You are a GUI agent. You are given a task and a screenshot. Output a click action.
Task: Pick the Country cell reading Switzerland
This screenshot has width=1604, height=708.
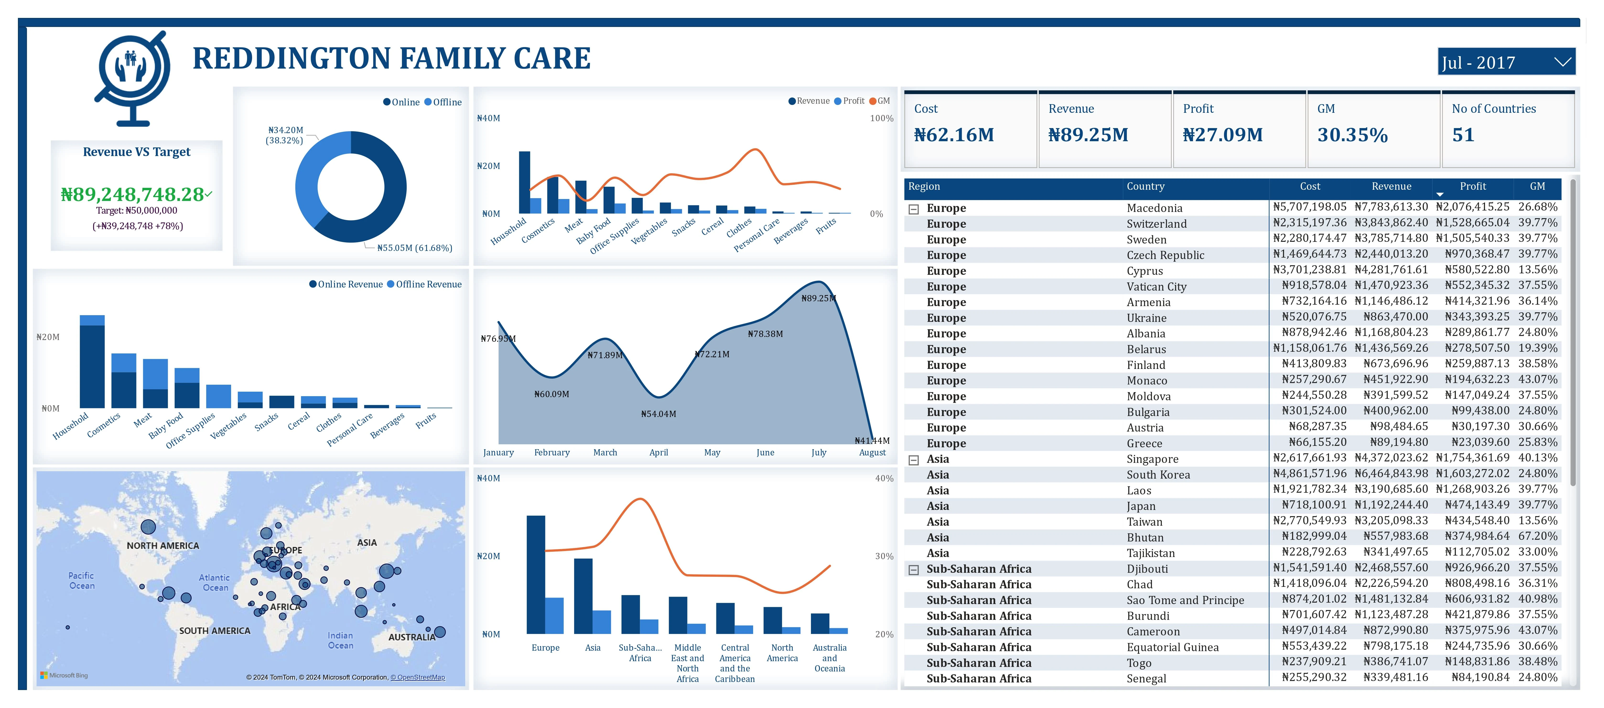point(1156,224)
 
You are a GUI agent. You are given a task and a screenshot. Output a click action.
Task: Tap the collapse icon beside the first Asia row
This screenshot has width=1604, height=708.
point(913,460)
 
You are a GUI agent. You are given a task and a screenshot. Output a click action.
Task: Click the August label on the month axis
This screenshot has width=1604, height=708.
point(872,453)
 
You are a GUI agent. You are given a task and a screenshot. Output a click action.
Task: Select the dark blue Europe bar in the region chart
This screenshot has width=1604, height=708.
point(535,574)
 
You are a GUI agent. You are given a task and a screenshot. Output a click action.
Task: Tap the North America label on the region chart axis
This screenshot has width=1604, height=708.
point(782,653)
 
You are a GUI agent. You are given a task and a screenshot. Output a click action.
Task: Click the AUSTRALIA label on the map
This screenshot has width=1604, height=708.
point(412,637)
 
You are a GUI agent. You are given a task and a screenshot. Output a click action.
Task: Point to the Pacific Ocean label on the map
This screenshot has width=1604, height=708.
point(81,580)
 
